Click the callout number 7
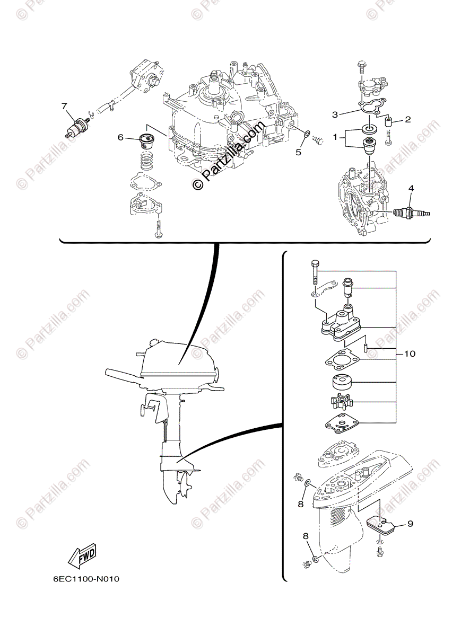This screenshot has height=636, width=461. pyautogui.click(x=64, y=106)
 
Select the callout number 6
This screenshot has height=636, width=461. pyautogui.click(x=121, y=137)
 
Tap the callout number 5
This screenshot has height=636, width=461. pyautogui.click(x=298, y=152)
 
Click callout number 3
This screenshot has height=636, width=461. pyautogui.click(x=335, y=114)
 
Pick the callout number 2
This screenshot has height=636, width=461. pyautogui.click(x=407, y=119)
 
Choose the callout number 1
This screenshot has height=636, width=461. pyautogui.click(x=335, y=137)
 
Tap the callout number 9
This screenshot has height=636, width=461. pyautogui.click(x=410, y=524)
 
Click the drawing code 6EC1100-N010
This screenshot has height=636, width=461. pyautogui.click(x=86, y=578)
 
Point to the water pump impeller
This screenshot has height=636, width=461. pyautogui.click(x=340, y=404)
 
